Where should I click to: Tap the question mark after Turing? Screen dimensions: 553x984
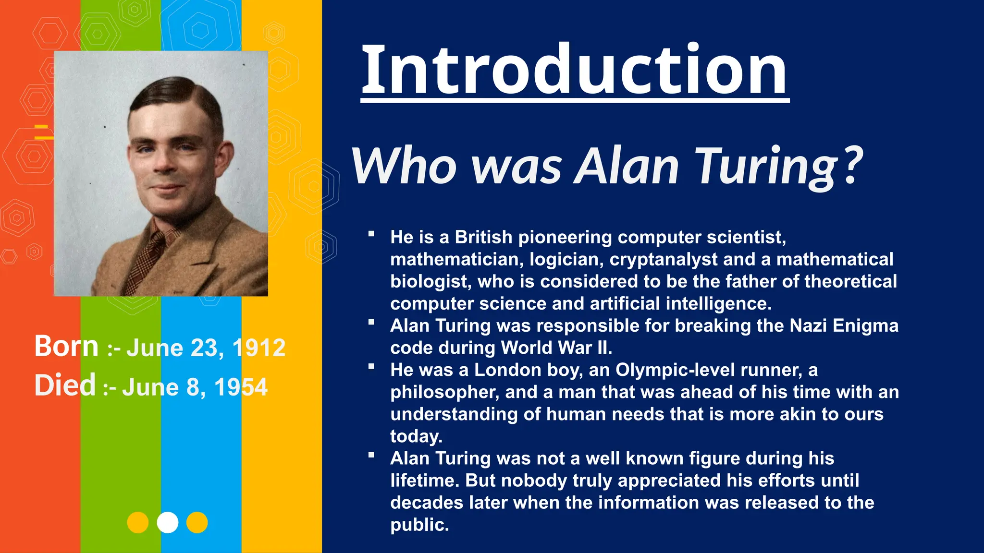853,166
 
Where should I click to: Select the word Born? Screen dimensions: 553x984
66,346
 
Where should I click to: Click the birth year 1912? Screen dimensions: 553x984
259,348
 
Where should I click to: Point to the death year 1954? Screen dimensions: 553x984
241,387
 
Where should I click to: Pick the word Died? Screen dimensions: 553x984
65,385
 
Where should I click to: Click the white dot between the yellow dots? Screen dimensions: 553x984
168,522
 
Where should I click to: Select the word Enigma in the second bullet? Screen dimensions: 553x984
865,325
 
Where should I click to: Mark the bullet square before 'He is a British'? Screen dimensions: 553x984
371,234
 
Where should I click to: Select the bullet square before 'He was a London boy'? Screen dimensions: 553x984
371,367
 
